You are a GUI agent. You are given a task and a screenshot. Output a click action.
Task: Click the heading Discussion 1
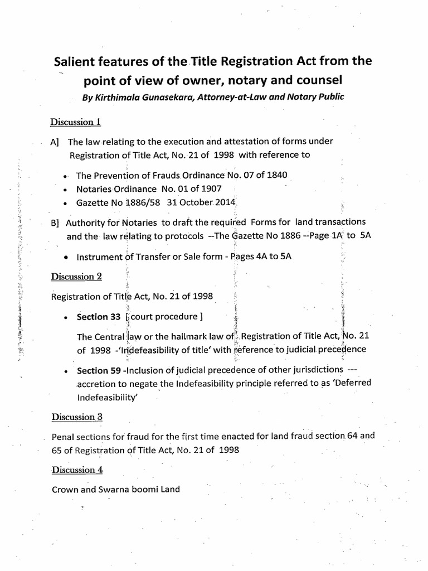[76, 122]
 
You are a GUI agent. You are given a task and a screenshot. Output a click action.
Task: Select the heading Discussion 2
[76, 277]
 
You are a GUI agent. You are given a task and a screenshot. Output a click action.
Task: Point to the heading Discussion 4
[77, 470]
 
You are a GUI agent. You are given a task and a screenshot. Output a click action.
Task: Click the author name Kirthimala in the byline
[118, 96]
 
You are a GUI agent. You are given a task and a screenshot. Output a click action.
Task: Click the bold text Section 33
[99, 317]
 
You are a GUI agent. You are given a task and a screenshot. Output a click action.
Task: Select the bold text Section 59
[99, 370]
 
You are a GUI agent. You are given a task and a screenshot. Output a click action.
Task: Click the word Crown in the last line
[64, 490]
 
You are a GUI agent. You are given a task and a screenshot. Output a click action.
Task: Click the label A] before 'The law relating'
[55, 142]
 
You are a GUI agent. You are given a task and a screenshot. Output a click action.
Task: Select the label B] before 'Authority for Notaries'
[55, 222]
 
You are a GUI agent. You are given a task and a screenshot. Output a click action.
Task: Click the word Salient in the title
[78, 62]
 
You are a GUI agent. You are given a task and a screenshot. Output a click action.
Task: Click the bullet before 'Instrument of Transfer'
[66, 257]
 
